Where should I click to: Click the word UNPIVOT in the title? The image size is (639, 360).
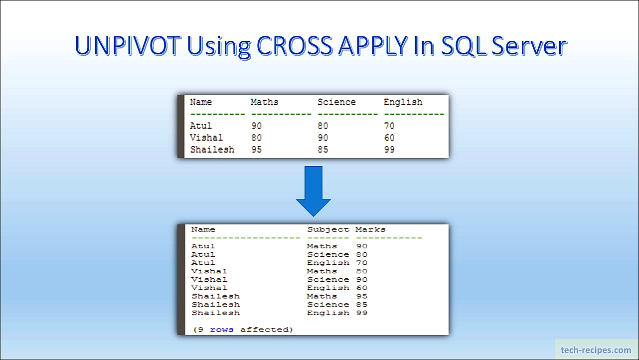(x=128, y=46)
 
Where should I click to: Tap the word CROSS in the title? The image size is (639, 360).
(x=295, y=46)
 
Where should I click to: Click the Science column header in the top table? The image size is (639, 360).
(x=336, y=102)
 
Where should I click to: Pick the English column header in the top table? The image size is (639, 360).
(x=403, y=102)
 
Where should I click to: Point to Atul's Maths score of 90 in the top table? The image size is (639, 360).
(x=257, y=126)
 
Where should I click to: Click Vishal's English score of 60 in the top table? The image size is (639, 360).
(x=389, y=138)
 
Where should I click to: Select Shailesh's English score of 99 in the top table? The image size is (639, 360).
(x=389, y=150)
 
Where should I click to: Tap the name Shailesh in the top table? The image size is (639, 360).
(x=212, y=150)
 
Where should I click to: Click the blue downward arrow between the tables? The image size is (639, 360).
(x=313, y=191)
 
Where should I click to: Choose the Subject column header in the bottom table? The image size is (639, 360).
(x=328, y=230)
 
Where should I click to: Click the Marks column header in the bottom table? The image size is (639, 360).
(x=370, y=230)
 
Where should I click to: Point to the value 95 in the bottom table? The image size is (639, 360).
(x=362, y=296)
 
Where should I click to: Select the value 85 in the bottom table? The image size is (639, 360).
(x=362, y=305)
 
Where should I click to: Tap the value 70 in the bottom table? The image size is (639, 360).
(x=362, y=263)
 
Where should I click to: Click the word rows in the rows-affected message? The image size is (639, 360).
(x=222, y=330)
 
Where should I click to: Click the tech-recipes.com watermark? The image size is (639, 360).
(x=596, y=350)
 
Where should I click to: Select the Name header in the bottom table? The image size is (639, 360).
(x=203, y=230)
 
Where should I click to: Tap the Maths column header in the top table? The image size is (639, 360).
(x=265, y=102)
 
